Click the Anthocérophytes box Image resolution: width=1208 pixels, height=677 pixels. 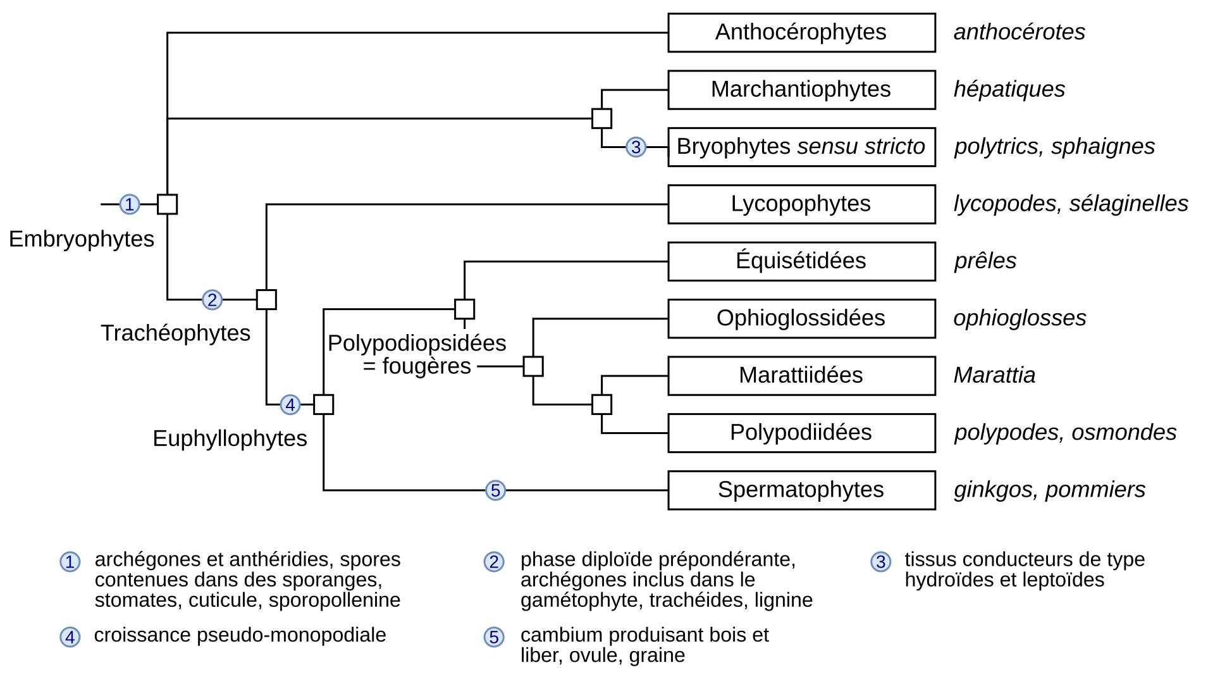(801, 32)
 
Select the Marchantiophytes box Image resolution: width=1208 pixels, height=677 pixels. (801, 89)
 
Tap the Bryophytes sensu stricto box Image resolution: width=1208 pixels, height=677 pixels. (801, 147)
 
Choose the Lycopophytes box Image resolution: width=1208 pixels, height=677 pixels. (801, 204)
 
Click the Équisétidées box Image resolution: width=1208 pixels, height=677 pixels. (801, 261)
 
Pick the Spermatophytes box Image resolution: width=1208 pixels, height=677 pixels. (801, 490)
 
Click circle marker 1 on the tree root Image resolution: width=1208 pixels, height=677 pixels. (130, 204)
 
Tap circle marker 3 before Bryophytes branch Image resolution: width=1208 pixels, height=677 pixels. (636, 147)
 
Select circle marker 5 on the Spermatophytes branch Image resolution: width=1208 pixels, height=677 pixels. (495, 490)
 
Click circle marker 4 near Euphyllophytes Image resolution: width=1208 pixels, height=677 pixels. (290, 404)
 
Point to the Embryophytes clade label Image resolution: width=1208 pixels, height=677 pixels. (82, 239)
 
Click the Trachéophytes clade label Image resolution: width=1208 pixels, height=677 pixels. (175, 333)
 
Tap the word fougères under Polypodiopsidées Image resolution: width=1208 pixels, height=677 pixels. (426, 366)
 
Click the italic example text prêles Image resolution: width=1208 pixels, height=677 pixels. (985, 261)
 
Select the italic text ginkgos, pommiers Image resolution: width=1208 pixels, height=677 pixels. (1049, 490)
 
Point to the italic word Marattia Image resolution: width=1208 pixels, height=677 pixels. (994, 375)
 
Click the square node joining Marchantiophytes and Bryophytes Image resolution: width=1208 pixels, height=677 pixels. (601, 118)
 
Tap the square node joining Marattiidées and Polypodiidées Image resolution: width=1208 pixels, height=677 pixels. (601, 404)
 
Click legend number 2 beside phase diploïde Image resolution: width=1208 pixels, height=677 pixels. (493, 562)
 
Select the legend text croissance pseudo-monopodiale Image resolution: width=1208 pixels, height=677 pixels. (240, 635)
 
